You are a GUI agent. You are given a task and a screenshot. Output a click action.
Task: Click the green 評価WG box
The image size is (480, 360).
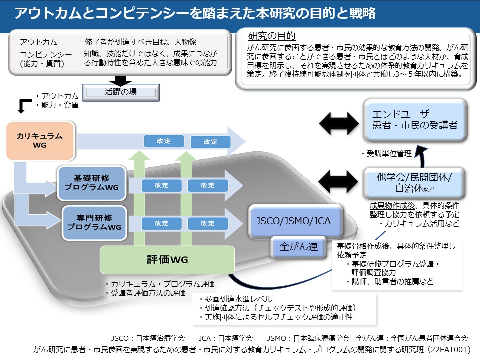[167, 259]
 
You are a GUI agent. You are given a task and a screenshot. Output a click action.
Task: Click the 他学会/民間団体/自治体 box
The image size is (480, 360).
[415, 183]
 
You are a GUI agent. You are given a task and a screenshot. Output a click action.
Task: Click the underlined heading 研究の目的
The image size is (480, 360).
[272, 36]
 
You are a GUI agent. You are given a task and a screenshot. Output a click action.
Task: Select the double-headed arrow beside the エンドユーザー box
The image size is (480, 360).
[338, 120]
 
